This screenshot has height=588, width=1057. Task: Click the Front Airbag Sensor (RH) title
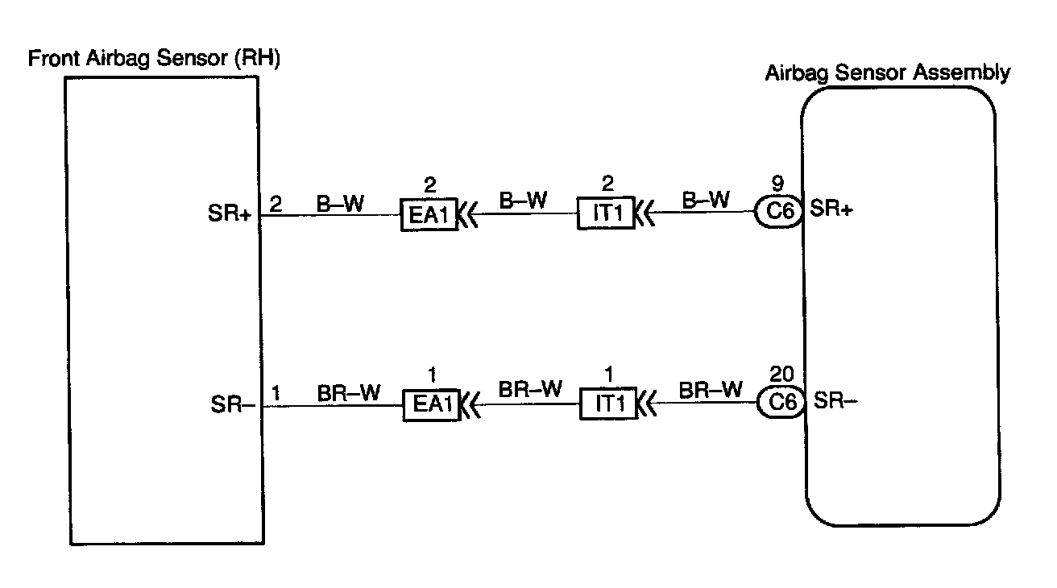coord(154,60)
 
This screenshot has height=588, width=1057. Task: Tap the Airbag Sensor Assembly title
coord(887,73)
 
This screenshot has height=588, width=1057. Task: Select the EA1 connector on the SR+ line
coord(429,215)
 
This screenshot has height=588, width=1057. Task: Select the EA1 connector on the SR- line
coord(431,404)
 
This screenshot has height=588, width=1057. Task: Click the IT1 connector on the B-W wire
coord(605,215)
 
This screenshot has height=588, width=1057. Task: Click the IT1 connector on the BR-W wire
coord(607,404)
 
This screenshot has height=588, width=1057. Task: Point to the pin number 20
coord(780,374)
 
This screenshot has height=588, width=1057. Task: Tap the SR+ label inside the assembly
coord(831,209)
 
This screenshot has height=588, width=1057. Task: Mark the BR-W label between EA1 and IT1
coord(529,390)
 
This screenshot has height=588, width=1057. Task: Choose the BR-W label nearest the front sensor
coord(349,392)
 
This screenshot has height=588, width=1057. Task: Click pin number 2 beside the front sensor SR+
coord(275,204)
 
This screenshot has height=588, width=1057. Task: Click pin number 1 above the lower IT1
coord(607,375)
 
